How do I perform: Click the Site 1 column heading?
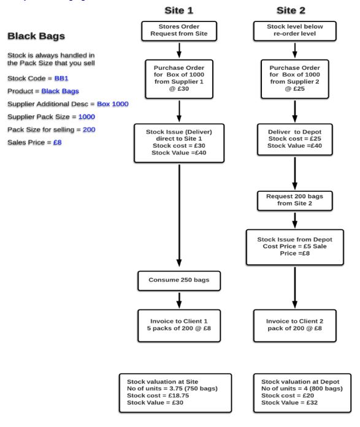coord(179,10)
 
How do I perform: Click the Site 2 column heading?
coord(291,10)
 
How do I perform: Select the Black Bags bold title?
coord(36,36)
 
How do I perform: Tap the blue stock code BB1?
coord(61,78)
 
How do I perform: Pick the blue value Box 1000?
coord(113,104)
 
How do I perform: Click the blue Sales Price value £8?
coord(58,142)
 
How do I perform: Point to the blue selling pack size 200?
coord(89,129)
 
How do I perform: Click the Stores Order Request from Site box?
coord(179,31)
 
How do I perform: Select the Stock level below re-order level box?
coord(294,31)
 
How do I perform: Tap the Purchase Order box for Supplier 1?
coord(179,79)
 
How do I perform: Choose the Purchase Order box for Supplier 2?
coord(294,79)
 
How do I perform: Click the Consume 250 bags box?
coord(179,281)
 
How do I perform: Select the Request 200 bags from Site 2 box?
coord(294,201)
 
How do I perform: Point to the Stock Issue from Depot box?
coord(294,248)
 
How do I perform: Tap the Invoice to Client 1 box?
coord(179,326)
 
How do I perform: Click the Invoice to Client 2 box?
coord(294,326)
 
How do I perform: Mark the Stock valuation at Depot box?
coord(302,393)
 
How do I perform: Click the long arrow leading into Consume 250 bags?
coord(179,216)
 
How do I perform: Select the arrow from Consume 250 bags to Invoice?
coord(179,300)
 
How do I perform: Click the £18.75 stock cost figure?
coord(178,395)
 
